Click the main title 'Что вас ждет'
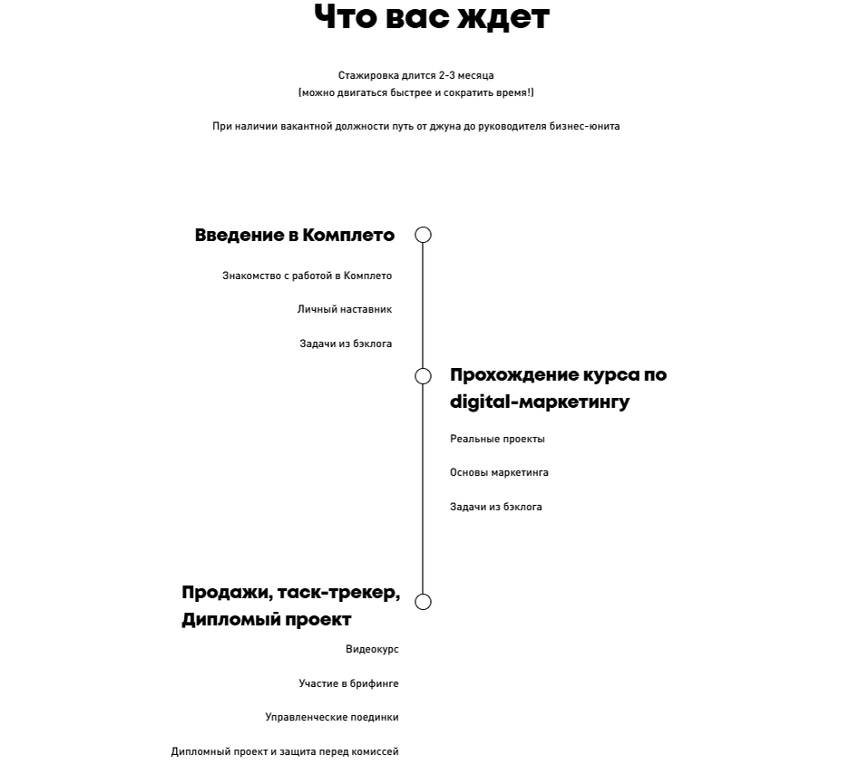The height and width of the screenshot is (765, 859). [431, 17]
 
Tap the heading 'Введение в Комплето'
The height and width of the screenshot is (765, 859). [295, 236]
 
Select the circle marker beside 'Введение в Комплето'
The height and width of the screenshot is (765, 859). [423, 236]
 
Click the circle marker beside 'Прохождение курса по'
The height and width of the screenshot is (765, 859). [423, 376]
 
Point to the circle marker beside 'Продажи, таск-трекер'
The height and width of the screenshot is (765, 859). [423, 602]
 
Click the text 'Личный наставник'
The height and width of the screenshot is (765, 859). [345, 310]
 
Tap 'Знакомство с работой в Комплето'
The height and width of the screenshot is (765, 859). [307, 276]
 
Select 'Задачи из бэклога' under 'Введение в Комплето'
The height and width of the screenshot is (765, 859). [346, 344]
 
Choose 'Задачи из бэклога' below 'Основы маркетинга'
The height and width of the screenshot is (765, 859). [496, 508]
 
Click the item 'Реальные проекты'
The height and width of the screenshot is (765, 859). [497, 440]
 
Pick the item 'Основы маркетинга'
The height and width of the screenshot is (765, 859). [499, 473]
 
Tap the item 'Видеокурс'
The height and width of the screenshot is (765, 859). [372, 650]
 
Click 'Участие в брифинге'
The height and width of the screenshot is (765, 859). [348, 684]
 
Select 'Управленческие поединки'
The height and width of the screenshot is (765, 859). [332, 718]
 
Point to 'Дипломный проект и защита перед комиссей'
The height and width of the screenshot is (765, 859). [285, 752]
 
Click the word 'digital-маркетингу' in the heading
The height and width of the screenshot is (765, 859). [540, 402]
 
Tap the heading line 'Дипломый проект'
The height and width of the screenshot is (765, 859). [267, 620]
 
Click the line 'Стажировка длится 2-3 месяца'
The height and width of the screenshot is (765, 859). [416, 76]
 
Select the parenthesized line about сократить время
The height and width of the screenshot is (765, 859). [416, 92]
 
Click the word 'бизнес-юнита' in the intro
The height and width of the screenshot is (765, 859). [584, 127]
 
